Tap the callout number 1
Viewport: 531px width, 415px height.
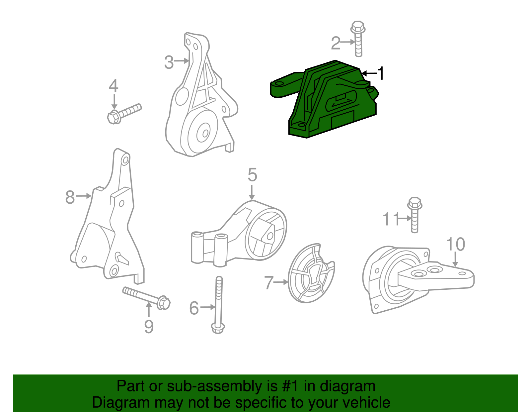click(x=381, y=73)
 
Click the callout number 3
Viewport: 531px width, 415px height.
click(x=169, y=62)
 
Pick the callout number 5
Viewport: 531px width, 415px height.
click(x=252, y=175)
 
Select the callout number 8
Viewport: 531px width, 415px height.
click(x=70, y=197)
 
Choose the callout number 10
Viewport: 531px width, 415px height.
click(x=456, y=245)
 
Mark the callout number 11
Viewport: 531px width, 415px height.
click(x=391, y=219)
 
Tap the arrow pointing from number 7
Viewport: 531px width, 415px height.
click(x=281, y=282)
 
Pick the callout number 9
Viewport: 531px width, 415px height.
click(x=149, y=326)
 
